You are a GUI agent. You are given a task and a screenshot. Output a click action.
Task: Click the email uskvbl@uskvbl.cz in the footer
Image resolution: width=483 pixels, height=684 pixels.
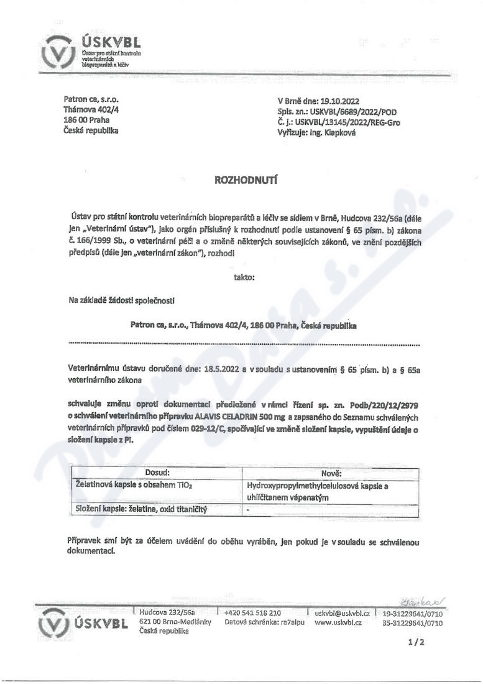[342, 612]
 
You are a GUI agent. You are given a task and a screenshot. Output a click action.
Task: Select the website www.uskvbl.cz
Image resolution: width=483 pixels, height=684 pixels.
[338, 622]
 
